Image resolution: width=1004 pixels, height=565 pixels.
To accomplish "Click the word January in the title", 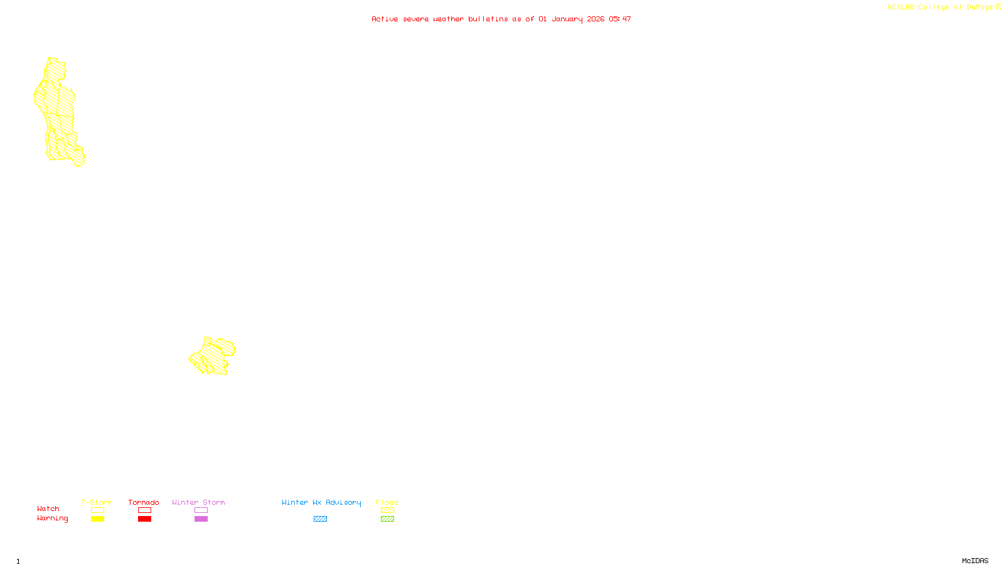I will coord(567,19).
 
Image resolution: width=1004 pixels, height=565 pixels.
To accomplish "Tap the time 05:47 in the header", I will coord(620,19).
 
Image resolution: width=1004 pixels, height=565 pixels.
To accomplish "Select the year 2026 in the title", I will coord(595,19).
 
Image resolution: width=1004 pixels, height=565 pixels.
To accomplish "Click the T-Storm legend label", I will coord(97,502).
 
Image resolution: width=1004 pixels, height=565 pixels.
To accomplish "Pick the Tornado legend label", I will coord(144,502).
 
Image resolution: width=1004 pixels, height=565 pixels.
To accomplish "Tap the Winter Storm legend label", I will coord(198,502).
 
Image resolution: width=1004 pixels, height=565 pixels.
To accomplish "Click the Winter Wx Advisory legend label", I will coord(321,502).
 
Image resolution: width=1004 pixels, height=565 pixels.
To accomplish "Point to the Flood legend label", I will coord(387,502).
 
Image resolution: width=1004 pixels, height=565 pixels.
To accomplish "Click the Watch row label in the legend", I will coord(48,508).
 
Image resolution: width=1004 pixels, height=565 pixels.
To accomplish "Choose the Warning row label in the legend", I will coord(53,519).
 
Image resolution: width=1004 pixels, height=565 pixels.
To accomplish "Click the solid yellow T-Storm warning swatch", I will coord(97,519).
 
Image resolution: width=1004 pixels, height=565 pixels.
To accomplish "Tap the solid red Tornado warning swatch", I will coord(144,519).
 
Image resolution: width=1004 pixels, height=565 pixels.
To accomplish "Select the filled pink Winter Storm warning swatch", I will coord(201,519).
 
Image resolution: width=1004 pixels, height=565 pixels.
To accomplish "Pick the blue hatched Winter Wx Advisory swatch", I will coord(320,519).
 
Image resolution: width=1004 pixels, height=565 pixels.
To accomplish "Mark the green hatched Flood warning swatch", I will coord(387,519).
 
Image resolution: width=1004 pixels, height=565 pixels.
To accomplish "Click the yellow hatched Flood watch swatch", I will coord(387,510).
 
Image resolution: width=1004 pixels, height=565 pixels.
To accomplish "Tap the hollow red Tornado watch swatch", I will coord(144,510).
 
